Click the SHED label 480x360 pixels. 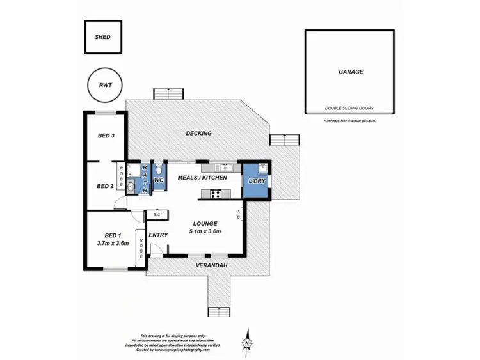(102, 37)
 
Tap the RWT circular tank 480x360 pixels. (103, 85)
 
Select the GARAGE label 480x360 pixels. (350, 72)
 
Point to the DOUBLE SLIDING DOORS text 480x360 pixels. (350, 108)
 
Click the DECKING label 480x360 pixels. (198, 133)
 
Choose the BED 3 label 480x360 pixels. (106, 136)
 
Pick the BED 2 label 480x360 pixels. (104, 186)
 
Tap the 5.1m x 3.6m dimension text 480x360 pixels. (206, 231)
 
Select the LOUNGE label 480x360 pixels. (206, 223)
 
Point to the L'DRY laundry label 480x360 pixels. (257, 182)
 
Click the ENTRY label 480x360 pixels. (158, 235)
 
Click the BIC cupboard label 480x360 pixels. (156, 215)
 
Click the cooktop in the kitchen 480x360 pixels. (216, 194)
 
